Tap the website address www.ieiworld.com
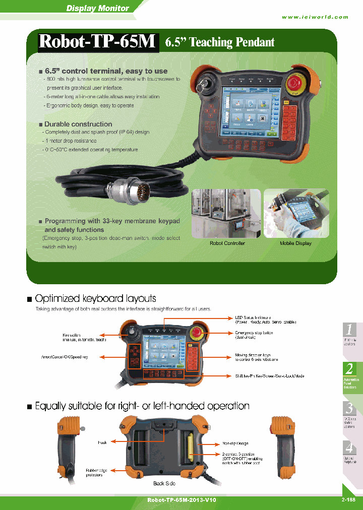tap(315, 17)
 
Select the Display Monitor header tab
tap(98, 8)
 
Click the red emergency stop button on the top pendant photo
tap(294, 84)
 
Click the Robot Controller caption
tap(227, 243)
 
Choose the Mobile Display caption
tap(295, 243)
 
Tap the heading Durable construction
tap(78, 124)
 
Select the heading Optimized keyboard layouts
tap(95, 299)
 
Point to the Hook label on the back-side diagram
tap(102, 442)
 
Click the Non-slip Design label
tap(235, 443)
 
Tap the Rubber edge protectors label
tap(94, 472)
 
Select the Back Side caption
tap(164, 483)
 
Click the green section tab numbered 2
tap(350, 368)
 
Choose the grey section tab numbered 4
tap(350, 448)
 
